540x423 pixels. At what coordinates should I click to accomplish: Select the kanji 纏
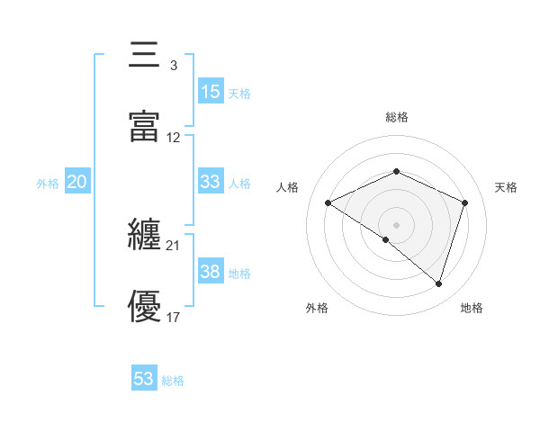point(145,235)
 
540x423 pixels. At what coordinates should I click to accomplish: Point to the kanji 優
point(145,307)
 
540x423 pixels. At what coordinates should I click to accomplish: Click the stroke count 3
point(173,65)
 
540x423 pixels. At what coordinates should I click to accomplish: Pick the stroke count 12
point(174,138)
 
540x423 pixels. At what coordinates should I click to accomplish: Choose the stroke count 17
point(174,318)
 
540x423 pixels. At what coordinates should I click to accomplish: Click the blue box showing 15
point(211,91)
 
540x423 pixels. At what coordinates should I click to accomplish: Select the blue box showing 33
point(211,181)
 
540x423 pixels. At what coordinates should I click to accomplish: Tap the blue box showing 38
point(211,271)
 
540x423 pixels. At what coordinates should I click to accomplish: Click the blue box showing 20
point(77,181)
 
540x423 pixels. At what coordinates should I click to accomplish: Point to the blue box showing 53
point(144,379)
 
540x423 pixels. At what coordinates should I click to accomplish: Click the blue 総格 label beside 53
point(173,381)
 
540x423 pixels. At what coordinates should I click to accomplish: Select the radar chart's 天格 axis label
point(506,187)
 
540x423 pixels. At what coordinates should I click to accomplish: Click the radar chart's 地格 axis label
point(472,308)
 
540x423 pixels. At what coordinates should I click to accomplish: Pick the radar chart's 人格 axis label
point(288,187)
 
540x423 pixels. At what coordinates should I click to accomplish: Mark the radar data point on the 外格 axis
point(386,240)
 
